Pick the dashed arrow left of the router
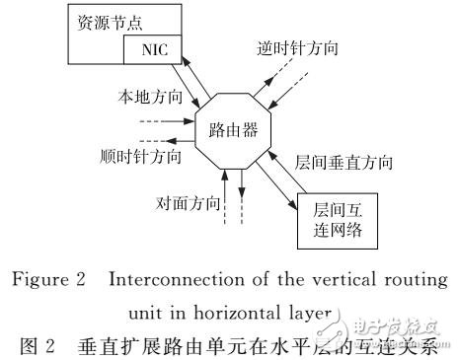point(162,123)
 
